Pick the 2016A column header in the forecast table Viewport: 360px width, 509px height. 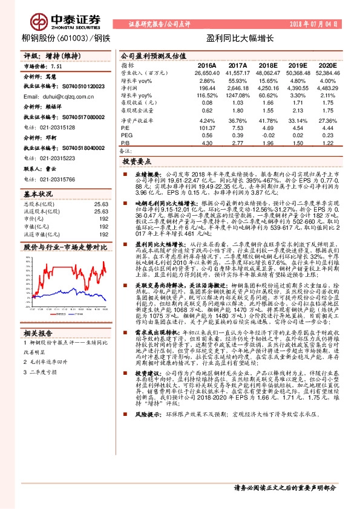(x=206, y=65)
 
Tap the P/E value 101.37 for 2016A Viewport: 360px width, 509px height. (x=206, y=128)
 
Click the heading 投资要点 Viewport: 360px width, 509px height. (x=136, y=162)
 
